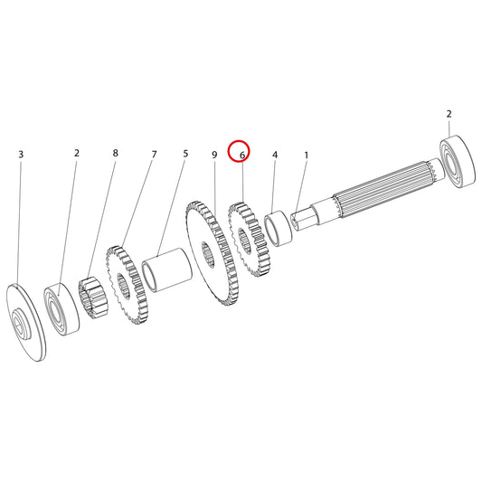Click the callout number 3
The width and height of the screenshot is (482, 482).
coord(21,155)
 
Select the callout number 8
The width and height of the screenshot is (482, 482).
coord(115,153)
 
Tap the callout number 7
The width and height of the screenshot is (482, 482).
coord(154,154)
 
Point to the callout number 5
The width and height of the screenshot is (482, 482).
coord(185,154)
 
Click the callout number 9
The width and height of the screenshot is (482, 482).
coord(214,155)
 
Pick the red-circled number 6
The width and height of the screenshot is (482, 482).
coord(242,156)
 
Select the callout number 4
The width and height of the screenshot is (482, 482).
coord(275,155)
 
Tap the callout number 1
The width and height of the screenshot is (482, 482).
coord(307,156)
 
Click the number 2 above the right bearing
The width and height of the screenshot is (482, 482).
coord(449,114)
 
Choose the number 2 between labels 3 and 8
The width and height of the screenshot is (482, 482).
coord(77,153)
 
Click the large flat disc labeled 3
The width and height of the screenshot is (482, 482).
coord(26,322)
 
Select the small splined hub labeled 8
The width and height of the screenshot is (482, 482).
coord(93,298)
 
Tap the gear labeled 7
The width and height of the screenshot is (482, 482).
coord(127,285)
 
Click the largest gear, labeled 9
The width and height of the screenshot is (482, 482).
coord(213,253)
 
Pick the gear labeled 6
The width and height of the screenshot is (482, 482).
coord(249,239)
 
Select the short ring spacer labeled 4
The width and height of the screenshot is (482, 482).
coord(279,229)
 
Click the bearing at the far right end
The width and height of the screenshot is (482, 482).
coord(457,161)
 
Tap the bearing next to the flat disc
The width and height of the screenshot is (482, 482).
coord(61,309)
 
